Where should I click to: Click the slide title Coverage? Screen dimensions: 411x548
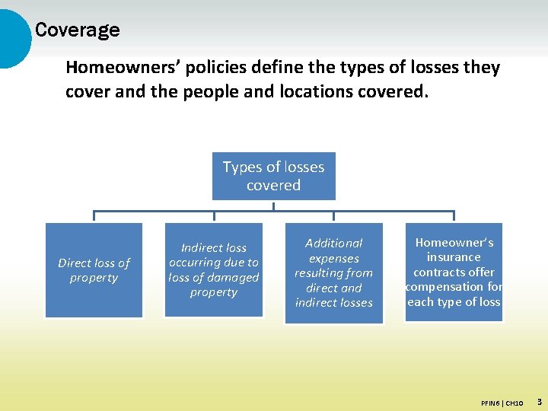point(77,30)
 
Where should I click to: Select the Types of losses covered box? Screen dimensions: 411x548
point(273,177)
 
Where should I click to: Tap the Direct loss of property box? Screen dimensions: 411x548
point(94,269)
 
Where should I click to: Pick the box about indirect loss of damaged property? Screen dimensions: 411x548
point(214,269)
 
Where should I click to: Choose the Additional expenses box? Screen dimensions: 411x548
point(333,272)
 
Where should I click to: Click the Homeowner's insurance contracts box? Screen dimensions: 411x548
point(454,272)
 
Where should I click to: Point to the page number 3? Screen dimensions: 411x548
point(539,400)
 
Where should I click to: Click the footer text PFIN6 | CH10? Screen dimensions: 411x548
point(502,402)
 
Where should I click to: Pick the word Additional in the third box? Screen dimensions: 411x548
point(333,243)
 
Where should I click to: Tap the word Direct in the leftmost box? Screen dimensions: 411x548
point(75,263)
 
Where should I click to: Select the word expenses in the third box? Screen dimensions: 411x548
point(333,258)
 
